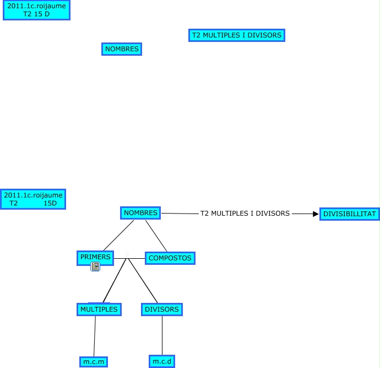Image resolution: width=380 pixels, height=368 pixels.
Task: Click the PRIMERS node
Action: click(x=95, y=257)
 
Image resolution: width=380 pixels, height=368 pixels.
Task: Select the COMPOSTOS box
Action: click(x=170, y=258)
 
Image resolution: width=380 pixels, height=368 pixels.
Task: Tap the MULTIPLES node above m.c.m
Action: click(x=99, y=310)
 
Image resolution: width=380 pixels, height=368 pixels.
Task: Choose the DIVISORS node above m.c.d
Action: click(x=162, y=310)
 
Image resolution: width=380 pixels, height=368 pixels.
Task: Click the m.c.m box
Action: click(x=93, y=362)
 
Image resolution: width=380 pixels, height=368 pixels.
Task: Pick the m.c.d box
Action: click(x=162, y=362)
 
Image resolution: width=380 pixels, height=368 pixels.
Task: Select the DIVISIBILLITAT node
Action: click(x=349, y=214)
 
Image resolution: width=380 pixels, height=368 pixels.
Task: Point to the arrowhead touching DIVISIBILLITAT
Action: click(x=316, y=214)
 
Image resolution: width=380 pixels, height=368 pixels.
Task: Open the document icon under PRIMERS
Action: click(x=95, y=267)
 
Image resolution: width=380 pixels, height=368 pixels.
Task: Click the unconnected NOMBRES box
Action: click(x=122, y=49)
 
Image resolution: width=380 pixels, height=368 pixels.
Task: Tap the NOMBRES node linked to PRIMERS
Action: click(x=140, y=213)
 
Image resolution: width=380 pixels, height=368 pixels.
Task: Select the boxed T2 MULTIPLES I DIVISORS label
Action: click(x=237, y=35)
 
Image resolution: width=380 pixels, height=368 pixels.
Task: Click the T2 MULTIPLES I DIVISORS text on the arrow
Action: click(x=245, y=214)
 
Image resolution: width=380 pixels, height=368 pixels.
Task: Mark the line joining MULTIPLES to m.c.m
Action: click(x=95, y=336)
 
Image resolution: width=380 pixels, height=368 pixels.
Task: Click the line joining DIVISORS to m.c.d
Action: click(x=162, y=336)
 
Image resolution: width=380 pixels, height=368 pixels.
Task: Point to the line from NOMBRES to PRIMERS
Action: click(x=118, y=236)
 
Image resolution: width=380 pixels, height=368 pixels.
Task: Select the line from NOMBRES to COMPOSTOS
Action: click(x=156, y=236)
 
